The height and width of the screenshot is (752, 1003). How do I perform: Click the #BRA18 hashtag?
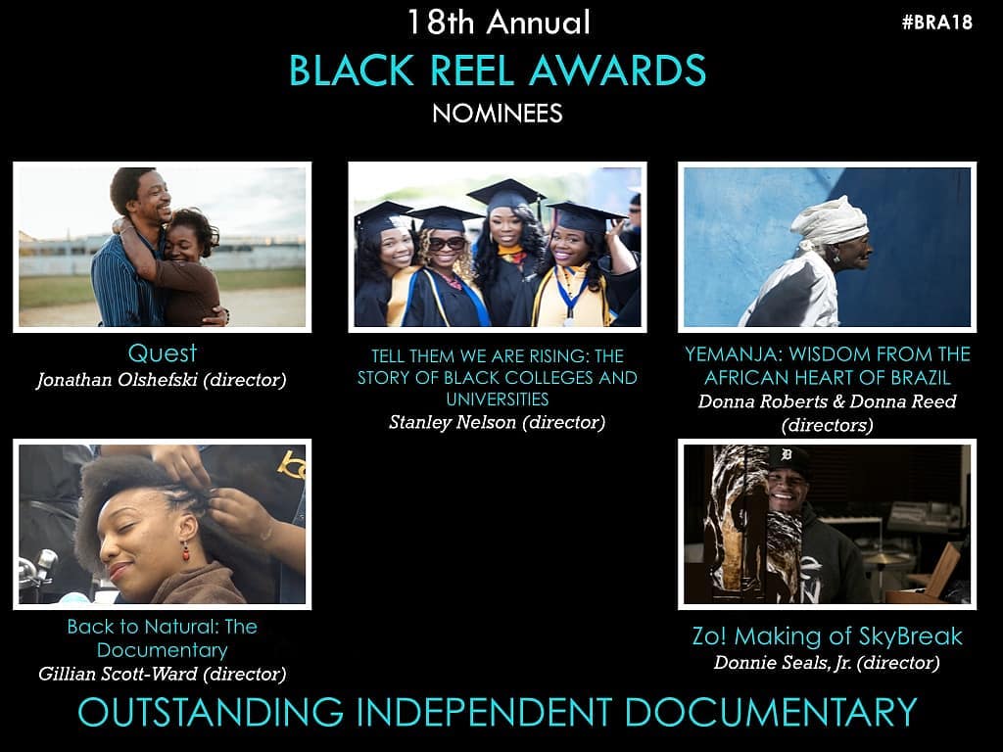(x=937, y=23)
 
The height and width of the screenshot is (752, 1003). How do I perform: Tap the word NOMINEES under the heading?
(x=498, y=114)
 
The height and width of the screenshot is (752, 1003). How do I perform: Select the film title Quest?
(x=163, y=352)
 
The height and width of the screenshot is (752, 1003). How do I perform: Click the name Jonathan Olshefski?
(x=118, y=380)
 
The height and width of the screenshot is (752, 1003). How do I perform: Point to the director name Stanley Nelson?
(x=453, y=422)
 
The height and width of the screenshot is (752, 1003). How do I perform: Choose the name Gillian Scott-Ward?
(x=118, y=674)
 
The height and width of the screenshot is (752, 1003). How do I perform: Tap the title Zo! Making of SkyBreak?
(x=827, y=636)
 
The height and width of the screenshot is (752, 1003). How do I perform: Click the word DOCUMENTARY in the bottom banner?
(x=771, y=713)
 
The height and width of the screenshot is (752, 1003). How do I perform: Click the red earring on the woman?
(x=186, y=550)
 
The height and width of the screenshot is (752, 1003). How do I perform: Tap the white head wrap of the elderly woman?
(x=829, y=222)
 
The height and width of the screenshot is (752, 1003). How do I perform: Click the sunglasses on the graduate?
(x=447, y=244)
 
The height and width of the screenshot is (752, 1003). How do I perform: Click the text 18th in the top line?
(x=441, y=23)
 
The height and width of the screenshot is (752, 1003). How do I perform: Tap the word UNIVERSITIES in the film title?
(x=498, y=399)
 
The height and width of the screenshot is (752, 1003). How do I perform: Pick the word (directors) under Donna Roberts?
(x=827, y=425)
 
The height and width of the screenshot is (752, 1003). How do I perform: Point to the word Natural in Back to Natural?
(x=188, y=627)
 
